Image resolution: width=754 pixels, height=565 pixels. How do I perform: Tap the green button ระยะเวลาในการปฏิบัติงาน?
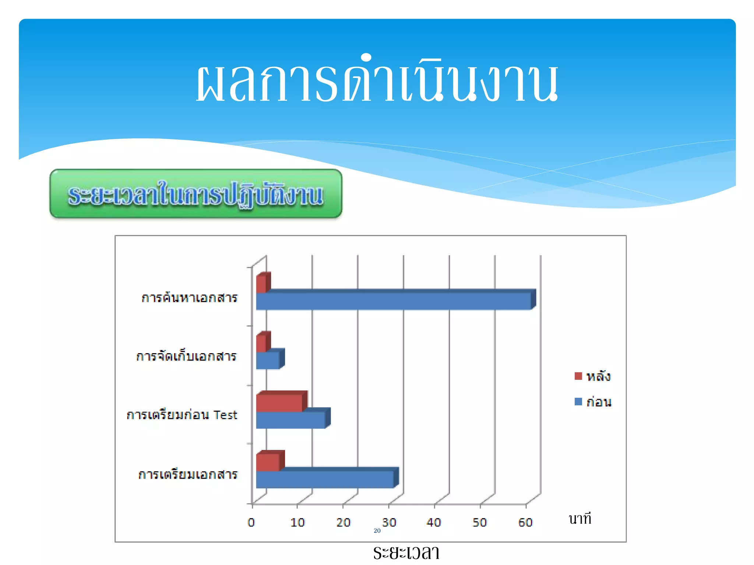tap(196, 194)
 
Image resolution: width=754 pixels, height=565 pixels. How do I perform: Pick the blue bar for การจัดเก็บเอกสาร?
tap(268, 360)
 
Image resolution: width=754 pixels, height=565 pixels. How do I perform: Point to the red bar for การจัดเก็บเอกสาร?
tap(261, 344)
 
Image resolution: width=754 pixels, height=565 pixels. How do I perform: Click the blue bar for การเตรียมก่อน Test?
tap(291, 420)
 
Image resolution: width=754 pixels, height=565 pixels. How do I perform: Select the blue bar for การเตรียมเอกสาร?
tap(325, 480)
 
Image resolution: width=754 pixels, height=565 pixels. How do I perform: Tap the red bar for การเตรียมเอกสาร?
tap(268, 462)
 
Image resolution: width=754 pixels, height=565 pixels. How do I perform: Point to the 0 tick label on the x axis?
tap(251, 522)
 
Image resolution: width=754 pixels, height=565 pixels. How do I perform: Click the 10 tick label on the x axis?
tap(297, 522)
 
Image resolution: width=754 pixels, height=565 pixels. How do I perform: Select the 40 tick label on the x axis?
tap(434, 522)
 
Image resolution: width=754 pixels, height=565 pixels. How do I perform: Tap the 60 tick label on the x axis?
tap(525, 522)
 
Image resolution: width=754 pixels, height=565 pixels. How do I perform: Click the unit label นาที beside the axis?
tap(580, 519)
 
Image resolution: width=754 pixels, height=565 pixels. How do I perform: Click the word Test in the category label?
tap(225, 415)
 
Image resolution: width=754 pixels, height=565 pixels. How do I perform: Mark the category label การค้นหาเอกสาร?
tap(189, 298)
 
